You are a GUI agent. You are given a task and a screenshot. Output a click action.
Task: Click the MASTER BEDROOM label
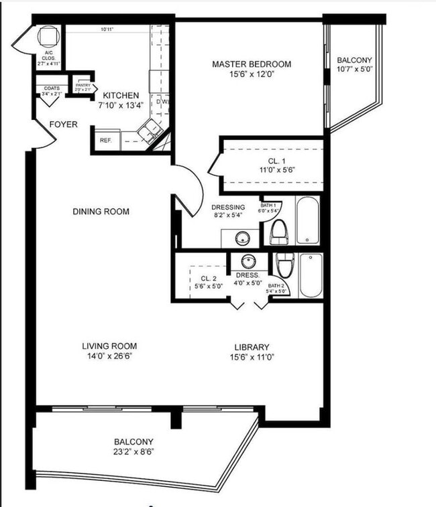pos(252,64)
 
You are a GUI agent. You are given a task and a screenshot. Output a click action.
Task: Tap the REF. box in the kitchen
pos(105,141)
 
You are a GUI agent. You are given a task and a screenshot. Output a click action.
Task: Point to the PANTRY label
pos(83,85)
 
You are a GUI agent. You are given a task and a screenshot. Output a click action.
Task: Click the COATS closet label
pos(52,88)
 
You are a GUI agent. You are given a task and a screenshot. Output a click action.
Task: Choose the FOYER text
pos(63,125)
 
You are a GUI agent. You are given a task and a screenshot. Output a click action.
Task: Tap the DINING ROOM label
pos(101,212)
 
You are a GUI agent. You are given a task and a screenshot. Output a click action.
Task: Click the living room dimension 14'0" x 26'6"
pos(109,357)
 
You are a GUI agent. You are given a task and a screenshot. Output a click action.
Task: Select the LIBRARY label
pos(252,347)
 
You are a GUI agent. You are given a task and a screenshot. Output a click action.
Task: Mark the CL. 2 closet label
pos(207,277)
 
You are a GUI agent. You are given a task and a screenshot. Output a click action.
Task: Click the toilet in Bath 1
pos(278,232)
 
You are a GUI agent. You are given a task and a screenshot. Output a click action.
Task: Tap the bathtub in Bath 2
pos(311,275)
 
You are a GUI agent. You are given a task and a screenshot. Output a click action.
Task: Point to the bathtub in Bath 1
pos(308,220)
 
